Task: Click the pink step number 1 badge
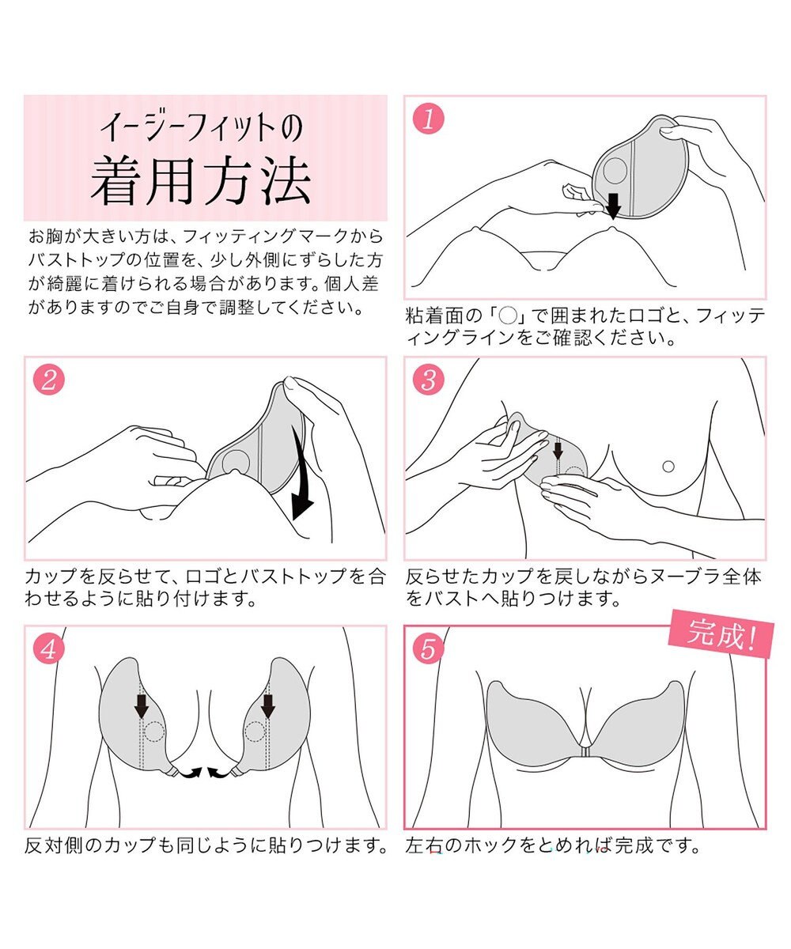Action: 429,119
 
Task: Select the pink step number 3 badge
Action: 429,380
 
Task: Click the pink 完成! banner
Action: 719,633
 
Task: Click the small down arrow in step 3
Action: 558,452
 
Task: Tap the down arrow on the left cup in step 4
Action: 142,705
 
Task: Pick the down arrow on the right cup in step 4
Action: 268,705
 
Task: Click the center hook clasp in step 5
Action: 585,754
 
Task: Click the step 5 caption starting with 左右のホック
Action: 554,846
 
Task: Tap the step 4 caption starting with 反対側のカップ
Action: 206,846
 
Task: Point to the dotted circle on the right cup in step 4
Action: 254,732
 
